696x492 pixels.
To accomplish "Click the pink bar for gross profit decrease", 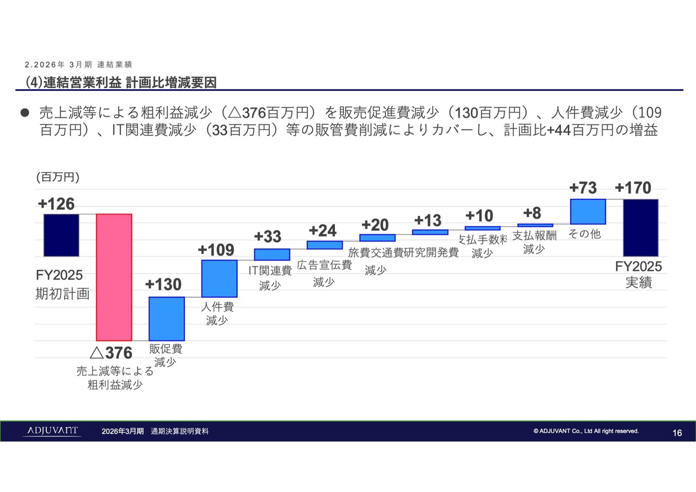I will coord(114,277).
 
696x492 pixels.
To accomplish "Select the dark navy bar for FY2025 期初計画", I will coord(61,235).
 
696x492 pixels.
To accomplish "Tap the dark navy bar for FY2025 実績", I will coord(641,227).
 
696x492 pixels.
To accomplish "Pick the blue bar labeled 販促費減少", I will coord(166,319).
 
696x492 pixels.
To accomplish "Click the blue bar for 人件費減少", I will coord(219,278).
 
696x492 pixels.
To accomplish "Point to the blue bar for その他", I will coord(588,211).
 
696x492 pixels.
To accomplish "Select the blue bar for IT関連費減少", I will coord(272,254).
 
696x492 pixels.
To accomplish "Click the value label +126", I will coord(56,204).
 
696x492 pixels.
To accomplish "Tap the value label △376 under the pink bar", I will coord(111,353).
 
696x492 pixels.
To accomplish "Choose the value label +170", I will coord(633,188).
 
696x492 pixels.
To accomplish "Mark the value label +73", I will coord(583,188).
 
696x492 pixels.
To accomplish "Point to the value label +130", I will coord(163,285).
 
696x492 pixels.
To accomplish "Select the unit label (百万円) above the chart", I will coord(58,177).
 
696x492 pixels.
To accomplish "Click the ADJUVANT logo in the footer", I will coord(52,431).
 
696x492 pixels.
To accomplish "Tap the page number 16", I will coord(677,433).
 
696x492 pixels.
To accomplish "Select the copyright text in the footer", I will coord(586,431).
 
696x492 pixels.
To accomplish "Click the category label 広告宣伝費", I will coord(324,265).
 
